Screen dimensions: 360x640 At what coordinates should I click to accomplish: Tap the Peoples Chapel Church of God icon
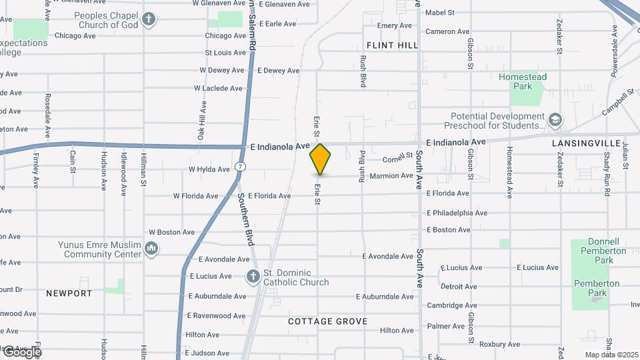[x=149, y=19]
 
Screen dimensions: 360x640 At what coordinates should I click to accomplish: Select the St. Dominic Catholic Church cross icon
[x=253, y=276]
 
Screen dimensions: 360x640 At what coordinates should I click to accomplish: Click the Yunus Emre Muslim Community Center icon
[x=151, y=249]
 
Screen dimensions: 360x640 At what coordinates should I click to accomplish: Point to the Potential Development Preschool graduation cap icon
[x=555, y=120]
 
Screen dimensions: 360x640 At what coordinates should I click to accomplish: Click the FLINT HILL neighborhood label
[x=392, y=45]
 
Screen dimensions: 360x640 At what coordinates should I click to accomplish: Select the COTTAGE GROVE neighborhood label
[x=327, y=321]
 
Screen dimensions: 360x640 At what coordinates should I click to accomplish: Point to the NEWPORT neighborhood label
[x=69, y=293]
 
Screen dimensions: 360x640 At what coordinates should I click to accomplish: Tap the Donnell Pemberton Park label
[x=598, y=246]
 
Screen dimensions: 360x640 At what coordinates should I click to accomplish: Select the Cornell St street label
[x=399, y=159]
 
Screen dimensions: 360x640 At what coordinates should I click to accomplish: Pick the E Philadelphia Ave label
[x=457, y=213]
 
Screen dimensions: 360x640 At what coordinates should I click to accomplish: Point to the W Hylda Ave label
[x=209, y=169]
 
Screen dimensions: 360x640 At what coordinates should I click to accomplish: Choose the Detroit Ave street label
[x=459, y=287]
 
